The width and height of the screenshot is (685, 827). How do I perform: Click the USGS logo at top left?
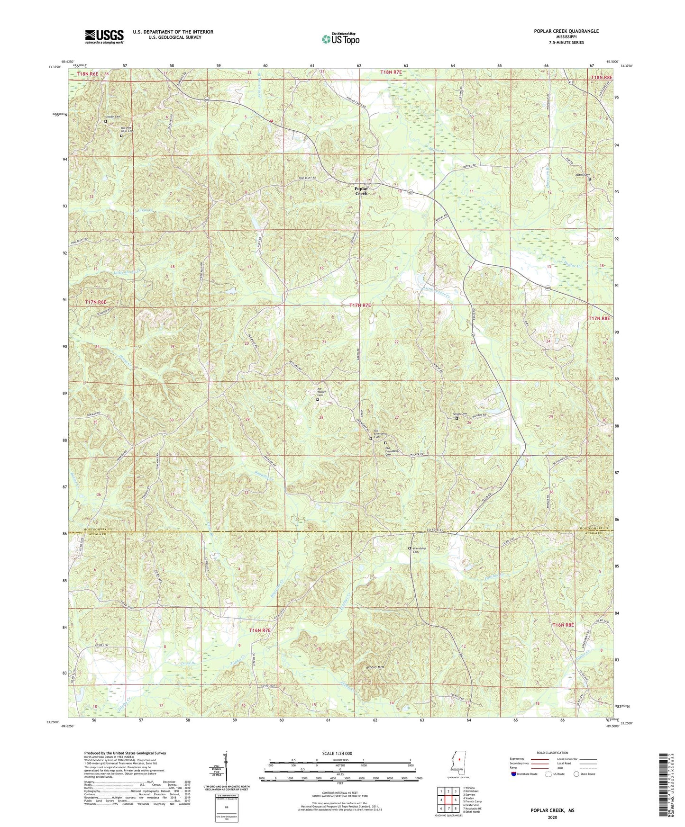[x=104, y=36]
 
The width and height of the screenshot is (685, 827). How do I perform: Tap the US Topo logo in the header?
[x=340, y=39]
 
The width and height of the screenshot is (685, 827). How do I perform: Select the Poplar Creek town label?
[x=361, y=190]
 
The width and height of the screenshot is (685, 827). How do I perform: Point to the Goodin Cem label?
[x=112, y=117]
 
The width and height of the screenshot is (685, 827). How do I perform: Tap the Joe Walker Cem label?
[x=322, y=392]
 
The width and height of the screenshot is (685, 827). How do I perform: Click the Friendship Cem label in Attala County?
[x=419, y=550]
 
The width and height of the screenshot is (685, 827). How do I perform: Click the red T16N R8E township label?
[x=563, y=625]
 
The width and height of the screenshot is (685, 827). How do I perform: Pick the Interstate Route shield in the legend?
[x=514, y=773]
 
